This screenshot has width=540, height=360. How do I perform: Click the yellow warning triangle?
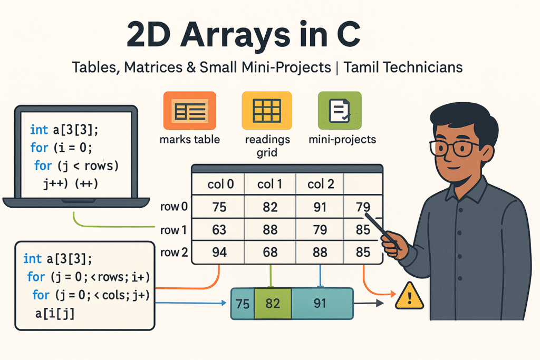tap(409, 297)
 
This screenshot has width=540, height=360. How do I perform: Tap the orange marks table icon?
tap(190, 111)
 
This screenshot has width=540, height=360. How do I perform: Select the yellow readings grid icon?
tap(267, 111)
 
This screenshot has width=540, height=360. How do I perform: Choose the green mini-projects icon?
tap(340, 111)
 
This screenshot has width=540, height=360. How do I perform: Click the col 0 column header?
tap(220, 184)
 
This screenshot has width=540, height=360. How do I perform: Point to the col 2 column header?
tap(321, 184)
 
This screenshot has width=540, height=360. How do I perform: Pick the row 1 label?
tap(173, 230)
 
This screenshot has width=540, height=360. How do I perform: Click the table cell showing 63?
tap(219, 230)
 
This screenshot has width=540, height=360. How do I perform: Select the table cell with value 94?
tap(219, 252)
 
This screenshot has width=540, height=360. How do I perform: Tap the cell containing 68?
tap(270, 252)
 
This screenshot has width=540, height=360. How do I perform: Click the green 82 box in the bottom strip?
tap(273, 304)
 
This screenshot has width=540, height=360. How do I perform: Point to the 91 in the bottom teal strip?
tap(320, 303)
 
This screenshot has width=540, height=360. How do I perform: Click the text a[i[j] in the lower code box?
tap(55, 314)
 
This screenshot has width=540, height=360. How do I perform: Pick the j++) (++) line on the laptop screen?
tap(71, 183)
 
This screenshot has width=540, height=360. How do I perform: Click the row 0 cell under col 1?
tap(270, 207)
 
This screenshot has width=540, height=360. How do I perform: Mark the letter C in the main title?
tap(349, 34)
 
